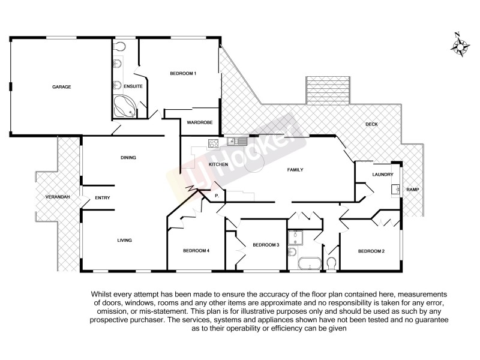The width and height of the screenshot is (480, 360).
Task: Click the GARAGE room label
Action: tap(61, 87)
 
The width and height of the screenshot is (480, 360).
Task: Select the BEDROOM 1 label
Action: tap(183, 73)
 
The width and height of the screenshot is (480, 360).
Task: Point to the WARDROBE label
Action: tap(200, 122)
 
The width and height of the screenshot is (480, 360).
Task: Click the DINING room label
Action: tap(128, 158)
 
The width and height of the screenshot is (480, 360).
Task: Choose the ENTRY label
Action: tap(103, 198)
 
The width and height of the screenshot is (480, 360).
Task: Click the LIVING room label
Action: tap(124, 241)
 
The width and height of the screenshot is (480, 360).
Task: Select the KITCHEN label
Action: tap(218, 164)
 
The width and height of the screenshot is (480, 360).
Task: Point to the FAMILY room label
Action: tap(295, 170)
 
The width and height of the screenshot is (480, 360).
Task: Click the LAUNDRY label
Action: tap(382, 175)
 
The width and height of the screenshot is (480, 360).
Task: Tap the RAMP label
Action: tap(413, 190)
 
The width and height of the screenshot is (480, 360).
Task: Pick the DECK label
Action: tap(371, 124)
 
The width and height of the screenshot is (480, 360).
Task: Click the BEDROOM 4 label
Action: tap(196, 250)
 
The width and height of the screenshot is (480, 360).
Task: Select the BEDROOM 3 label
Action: tap(266, 245)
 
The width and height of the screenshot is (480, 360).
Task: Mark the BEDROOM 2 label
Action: tap(371, 250)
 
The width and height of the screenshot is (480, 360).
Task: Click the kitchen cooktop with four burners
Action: tap(213, 143)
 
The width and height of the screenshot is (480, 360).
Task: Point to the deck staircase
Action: tap(327, 90)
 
